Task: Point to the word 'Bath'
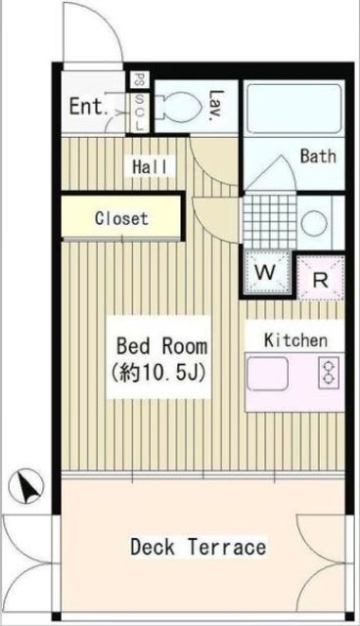[x=317, y=156]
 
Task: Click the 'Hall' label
[x=150, y=166]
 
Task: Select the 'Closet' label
[x=121, y=218]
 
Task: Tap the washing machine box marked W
[x=266, y=271]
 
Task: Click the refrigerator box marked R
[x=319, y=275]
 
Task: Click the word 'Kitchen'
[x=294, y=340]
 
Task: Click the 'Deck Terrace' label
[x=198, y=547]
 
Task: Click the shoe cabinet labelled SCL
[x=140, y=105]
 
